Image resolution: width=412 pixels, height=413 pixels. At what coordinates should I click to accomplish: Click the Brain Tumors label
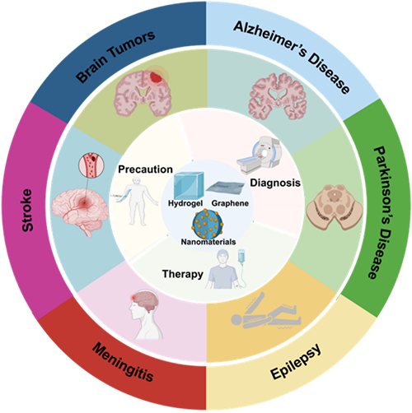pos(115,56)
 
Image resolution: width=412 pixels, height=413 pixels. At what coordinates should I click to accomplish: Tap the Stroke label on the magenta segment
pos(27,210)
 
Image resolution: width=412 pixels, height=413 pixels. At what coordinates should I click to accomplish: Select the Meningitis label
pos(123,362)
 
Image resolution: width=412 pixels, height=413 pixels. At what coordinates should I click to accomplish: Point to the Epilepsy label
pos(296,362)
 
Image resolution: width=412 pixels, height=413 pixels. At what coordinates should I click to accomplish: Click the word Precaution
pos(145,169)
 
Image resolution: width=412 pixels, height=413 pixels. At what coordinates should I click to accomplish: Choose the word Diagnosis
pos(275,183)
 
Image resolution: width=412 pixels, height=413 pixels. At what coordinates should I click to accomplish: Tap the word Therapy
pos(183,274)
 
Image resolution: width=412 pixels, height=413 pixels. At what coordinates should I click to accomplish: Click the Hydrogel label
pos(185,203)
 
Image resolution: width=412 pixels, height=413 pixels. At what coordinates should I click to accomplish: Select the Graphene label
pos(230,203)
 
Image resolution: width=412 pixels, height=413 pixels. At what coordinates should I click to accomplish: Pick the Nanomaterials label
pos(208,242)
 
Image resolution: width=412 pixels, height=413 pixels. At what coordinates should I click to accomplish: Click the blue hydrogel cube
pos(189,185)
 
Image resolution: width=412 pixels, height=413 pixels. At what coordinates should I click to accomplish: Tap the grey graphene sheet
pos(225,187)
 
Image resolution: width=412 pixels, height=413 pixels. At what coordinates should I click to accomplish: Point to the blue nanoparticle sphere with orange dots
pos(208,224)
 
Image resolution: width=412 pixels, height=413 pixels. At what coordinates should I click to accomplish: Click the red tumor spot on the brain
pos(155,77)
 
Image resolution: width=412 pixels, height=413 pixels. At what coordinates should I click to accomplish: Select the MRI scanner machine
pos(260,155)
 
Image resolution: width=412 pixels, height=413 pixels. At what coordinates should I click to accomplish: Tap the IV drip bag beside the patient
pos(241,257)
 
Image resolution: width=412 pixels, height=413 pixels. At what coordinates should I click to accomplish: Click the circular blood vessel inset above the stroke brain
pos(91,165)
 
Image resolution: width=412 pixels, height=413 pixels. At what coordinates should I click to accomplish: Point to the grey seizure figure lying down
pos(266,313)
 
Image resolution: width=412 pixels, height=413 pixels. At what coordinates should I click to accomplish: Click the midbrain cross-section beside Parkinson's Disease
pos(335,207)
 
